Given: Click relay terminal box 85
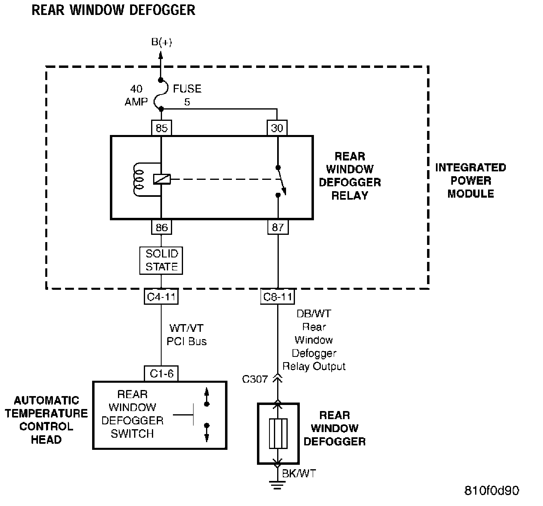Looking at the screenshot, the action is click(x=161, y=128).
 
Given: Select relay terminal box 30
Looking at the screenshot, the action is click(x=277, y=128).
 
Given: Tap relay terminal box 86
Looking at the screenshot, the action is click(x=162, y=227).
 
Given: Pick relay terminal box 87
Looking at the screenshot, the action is click(x=278, y=227).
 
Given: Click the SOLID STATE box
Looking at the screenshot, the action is click(x=161, y=260).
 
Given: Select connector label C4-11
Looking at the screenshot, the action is click(x=161, y=297).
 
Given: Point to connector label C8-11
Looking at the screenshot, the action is click(x=278, y=297).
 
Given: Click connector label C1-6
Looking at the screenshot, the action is click(x=161, y=373).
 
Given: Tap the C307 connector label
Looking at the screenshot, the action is click(x=255, y=379).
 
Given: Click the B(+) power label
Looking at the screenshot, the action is click(x=162, y=42).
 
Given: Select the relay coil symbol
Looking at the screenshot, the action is click(x=139, y=179).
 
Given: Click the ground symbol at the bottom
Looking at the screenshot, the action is click(x=277, y=485).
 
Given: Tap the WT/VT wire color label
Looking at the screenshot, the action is click(x=187, y=328).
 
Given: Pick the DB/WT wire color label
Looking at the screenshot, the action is click(x=314, y=314).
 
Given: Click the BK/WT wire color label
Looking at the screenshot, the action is click(x=299, y=473).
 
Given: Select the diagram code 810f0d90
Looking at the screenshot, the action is click(x=492, y=491).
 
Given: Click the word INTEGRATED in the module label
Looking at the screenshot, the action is click(x=471, y=167).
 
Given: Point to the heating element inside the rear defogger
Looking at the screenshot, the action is click(x=278, y=434).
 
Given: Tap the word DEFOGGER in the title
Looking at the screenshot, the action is click(x=162, y=10).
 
